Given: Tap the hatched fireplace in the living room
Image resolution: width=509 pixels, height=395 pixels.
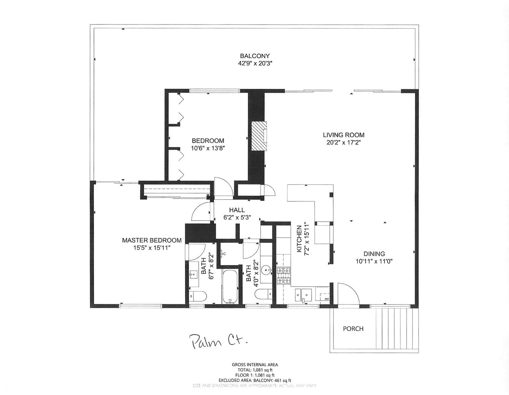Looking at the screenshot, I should (259, 134).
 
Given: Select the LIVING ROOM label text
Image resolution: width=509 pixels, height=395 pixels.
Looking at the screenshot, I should (343, 135).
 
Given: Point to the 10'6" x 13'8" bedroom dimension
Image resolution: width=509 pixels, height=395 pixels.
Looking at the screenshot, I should (208, 148).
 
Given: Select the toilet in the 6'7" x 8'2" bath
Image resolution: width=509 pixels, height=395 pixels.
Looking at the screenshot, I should (198, 296).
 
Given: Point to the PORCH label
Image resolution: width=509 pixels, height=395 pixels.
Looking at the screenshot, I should (353, 329).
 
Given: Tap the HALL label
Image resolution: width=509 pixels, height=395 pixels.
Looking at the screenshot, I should (237, 210).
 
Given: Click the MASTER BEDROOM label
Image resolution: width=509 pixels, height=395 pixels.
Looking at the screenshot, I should (151, 240).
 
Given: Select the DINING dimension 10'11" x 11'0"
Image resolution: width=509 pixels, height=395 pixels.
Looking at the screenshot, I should (374, 261).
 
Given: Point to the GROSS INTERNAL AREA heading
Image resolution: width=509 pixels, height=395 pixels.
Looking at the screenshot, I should (254, 365).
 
